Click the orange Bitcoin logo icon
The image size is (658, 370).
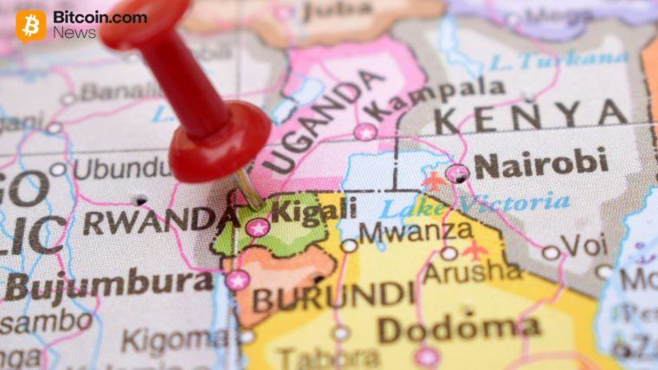[x=31, y=25]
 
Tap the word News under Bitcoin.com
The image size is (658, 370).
[x=74, y=33]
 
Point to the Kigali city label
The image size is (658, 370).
[x=300, y=208]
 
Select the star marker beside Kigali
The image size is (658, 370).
[x=257, y=228]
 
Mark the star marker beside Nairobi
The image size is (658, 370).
[x=457, y=173]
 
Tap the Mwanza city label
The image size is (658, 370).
[x=416, y=232]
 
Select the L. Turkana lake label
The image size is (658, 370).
[x=558, y=61]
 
